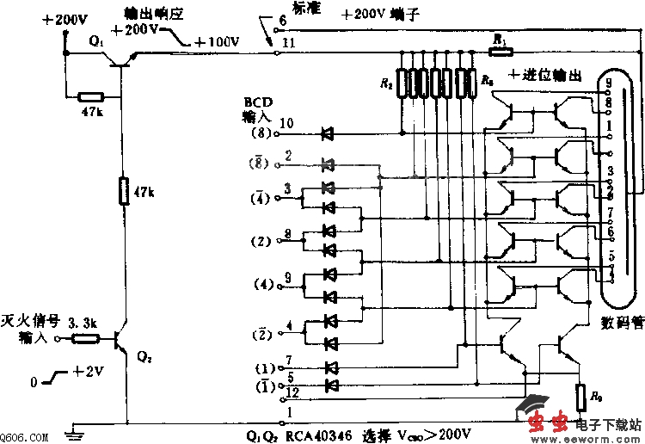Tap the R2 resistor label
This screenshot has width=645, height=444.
coord(385,83)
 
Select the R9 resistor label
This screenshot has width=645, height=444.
coord(594,398)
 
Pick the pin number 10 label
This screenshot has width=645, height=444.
coord(288,124)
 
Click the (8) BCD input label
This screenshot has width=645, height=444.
coord(261,134)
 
